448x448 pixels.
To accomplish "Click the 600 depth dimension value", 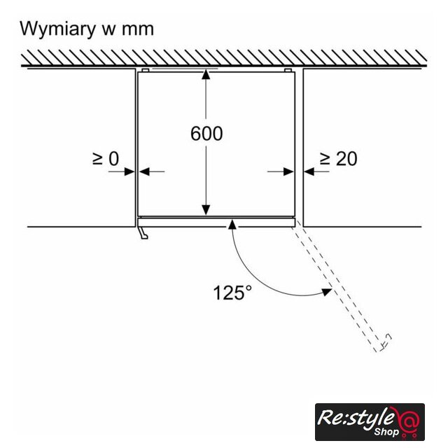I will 206,133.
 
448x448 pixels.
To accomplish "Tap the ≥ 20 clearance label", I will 338,159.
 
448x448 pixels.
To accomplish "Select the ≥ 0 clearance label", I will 105,159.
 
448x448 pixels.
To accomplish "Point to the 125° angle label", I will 232,292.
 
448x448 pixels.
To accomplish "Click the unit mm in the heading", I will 137,29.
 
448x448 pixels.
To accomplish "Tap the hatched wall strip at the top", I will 224,57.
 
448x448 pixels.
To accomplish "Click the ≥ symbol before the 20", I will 325,159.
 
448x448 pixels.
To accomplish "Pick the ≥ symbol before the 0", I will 97,159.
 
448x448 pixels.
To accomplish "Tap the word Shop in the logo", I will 386,432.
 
